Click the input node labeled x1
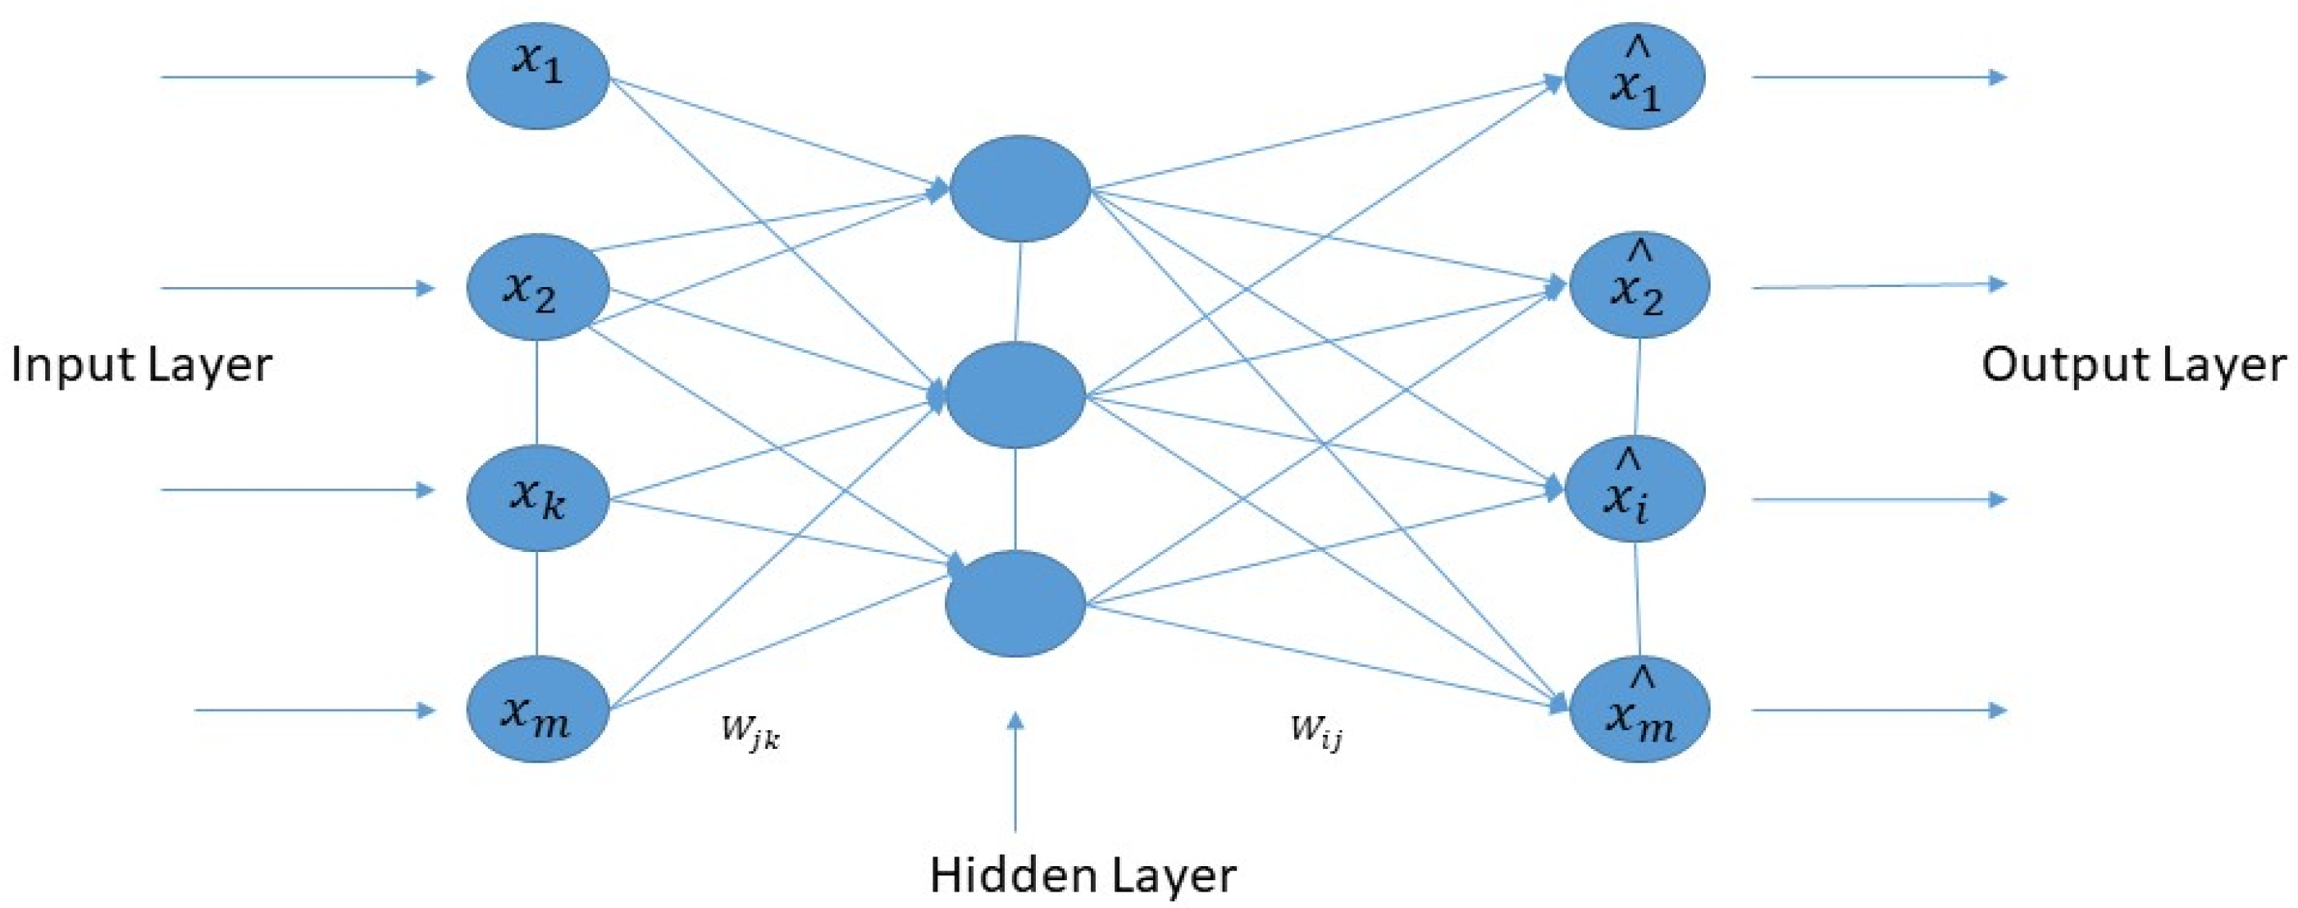tap(538, 75)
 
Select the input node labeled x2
tap(538, 287)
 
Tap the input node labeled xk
tap(538, 498)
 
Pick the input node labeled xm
tap(538, 710)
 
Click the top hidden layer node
tap(1019, 188)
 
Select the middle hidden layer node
tap(1016, 395)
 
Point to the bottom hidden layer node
tap(1016, 604)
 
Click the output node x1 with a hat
tap(1635, 75)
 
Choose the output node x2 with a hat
tap(1639, 285)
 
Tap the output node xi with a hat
tap(1635, 490)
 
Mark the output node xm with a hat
tap(1639, 710)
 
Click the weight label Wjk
tap(750, 732)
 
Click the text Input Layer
tap(141, 366)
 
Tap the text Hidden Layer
tap(1082, 875)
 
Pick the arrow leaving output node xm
tap(1879, 711)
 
